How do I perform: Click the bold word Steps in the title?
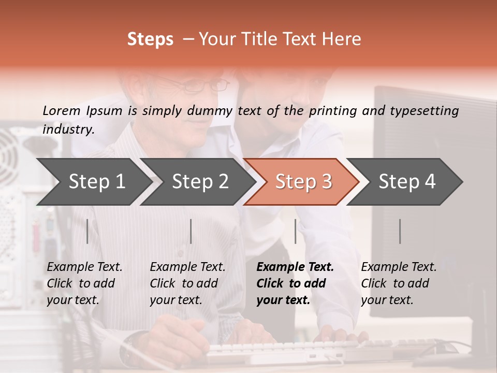click(150, 39)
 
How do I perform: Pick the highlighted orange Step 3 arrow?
click(303, 181)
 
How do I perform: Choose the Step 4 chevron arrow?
click(406, 181)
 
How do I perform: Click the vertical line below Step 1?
click(87, 231)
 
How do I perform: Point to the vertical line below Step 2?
click(191, 231)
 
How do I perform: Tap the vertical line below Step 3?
click(295, 231)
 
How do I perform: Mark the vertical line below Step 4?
click(400, 231)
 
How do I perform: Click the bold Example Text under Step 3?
click(295, 267)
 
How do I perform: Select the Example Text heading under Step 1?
click(85, 267)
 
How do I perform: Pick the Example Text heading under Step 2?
click(188, 267)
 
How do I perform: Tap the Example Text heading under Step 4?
click(399, 267)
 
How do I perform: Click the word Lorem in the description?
click(61, 111)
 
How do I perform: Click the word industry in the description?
click(68, 130)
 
